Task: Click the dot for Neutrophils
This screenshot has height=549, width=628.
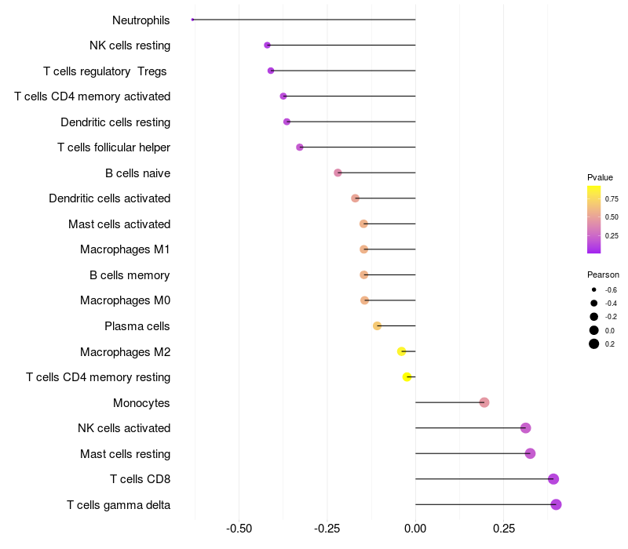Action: click(x=192, y=20)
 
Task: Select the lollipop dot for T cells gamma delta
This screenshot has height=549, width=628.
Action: click(x=556, y=504)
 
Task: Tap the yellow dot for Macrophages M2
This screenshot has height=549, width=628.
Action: click(x=402, y=351)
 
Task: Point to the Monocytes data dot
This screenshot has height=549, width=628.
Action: click(x=484, y=402)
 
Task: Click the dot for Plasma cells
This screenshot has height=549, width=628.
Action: click(x=377, y=325)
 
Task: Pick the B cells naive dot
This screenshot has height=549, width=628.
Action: click(x=338, y=173)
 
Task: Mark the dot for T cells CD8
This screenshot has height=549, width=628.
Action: click(x=553, y=479)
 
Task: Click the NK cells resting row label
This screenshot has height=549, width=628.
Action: click(x=130, y=45)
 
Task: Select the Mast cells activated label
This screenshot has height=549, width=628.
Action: click(x=119, y=224)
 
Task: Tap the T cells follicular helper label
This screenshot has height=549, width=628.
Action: click(x=114, y=147)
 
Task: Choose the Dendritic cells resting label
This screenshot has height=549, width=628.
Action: click(x=115, y=122)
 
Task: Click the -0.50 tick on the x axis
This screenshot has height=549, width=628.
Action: click(x=239, y=529)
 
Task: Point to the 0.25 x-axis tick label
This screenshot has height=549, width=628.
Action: click(x=503, y=529)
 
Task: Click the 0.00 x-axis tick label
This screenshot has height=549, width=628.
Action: click(x=415, y=529)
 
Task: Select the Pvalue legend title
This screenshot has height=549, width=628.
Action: click(x=600, y=177)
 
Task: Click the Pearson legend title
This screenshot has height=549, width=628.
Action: click(x=603, y=274)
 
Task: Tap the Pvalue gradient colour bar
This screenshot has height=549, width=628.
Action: click(x=594, y=220)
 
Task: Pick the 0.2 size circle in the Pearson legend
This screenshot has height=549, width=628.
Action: click(x=594, y=344)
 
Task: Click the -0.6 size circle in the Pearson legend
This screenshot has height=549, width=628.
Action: click(x=594, y=289)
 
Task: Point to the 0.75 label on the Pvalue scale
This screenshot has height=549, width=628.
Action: click(x=612, y=199)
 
